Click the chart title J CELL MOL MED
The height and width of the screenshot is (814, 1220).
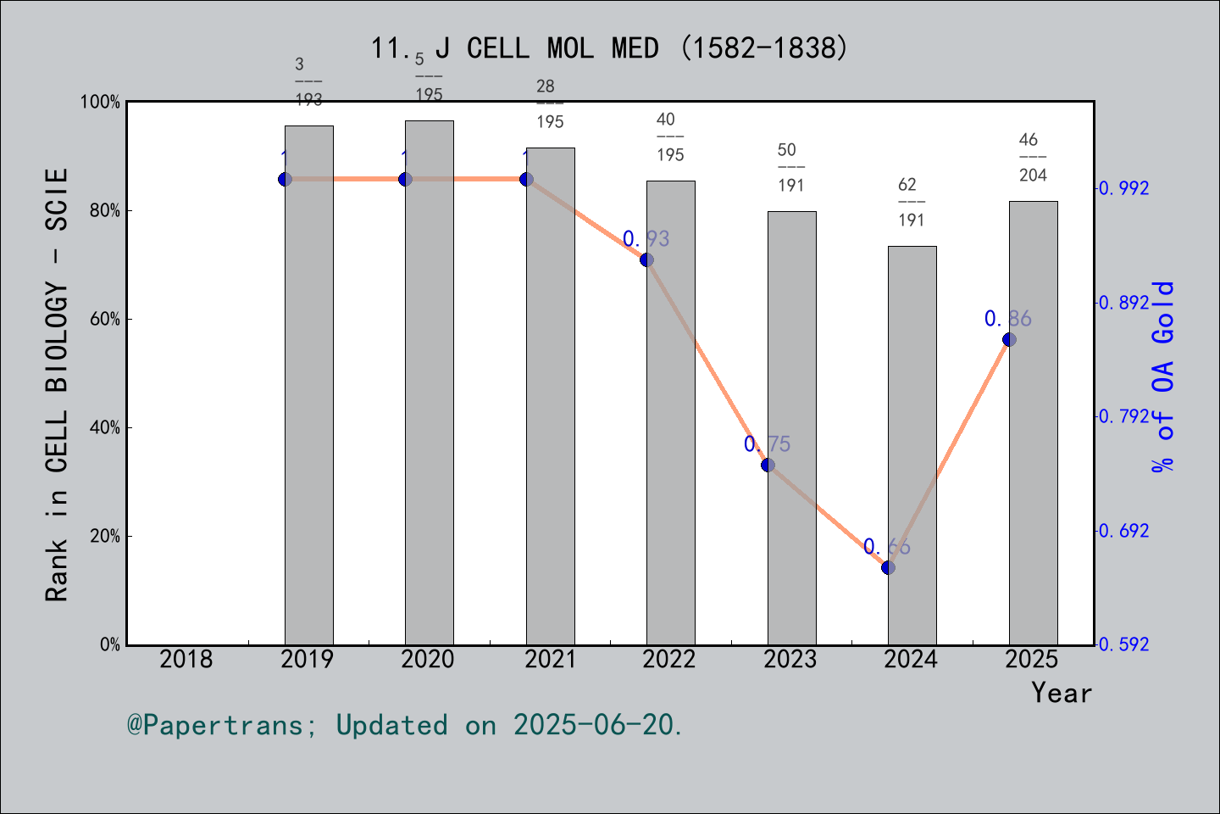609,48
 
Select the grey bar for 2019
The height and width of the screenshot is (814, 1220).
308,385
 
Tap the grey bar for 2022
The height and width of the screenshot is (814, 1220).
670,412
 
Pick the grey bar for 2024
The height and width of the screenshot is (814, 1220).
912,445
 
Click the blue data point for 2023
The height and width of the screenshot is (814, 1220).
768,465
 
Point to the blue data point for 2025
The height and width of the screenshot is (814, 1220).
1009,339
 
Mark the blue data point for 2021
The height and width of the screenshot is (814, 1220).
526,179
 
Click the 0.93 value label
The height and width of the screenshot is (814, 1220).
646,239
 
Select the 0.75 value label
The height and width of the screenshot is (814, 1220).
767,444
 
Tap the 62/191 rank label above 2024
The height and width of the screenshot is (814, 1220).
911,202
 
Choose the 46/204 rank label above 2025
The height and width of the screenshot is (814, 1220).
1032,157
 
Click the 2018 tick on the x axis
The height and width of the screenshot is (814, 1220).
186,659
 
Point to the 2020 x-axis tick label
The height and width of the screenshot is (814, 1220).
428,659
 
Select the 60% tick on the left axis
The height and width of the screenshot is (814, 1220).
105,319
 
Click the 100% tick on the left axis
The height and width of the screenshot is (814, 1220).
101,102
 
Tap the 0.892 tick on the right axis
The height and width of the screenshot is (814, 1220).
1123,303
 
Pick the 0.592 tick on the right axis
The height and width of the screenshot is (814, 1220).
1123,644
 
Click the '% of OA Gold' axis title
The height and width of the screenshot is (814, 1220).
1163,376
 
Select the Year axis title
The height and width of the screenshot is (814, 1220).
1061,693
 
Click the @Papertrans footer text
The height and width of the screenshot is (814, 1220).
405,725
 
